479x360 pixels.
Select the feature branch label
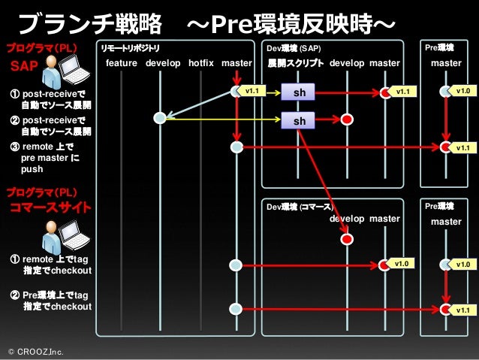(121, 63)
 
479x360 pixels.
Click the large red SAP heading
(24, 66)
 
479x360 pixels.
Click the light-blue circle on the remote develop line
(160, 118)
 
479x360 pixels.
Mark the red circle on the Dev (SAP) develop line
(347, 119)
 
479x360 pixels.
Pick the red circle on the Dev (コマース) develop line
(347, 238)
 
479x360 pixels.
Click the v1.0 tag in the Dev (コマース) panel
(402, 264)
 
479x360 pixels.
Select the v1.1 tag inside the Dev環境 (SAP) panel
(404, 92)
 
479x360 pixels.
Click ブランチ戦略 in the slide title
(89, 25)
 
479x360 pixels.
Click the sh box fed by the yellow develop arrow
(300, 119)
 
